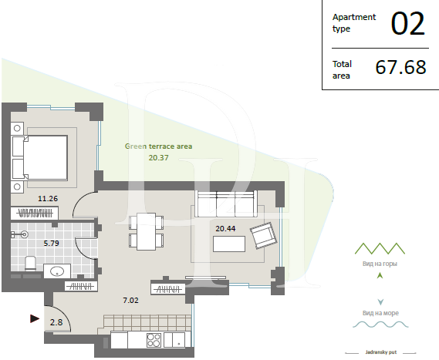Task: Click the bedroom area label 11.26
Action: pyautogui.click(x=48, y=199)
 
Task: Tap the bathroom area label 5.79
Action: pyautogui.click(x=51, y=244)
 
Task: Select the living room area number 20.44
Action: pyautogui.click(x=225, y=228)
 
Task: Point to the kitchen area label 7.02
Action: pyautogui.click(x=130, y=300)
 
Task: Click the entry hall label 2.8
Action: pyautogui.click(x=56, y=322)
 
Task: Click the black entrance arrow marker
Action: pyautogui.click(x=35, y=318)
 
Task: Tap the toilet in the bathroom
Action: pyautogui.click(x=30, y=264)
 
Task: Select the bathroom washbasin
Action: pyautogui.click(x=57, y=271)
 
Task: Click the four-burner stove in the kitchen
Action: pyautogui.click(x=154, y=340)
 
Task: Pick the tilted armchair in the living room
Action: pyautogui.click(x=263, y=236)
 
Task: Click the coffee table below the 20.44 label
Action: pyautogui.click(x=229, y=244)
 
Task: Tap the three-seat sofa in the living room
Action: pyautogui.click(x=226, y=204)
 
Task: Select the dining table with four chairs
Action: pyautogui.click(x=146, y=231)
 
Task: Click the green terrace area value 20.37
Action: pyautogui.click(x=158, y=158)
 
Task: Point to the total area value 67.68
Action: pyautogui.click(x=400, y=67)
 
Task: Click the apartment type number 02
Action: pyautogui.click(x=408, y=24)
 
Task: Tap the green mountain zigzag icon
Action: pyautogui.click(x=380, y=248)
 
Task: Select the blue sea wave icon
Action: pyautogui.click(x=380, y=325)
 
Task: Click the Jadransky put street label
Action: pyautogui.click(x=381, y=352)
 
